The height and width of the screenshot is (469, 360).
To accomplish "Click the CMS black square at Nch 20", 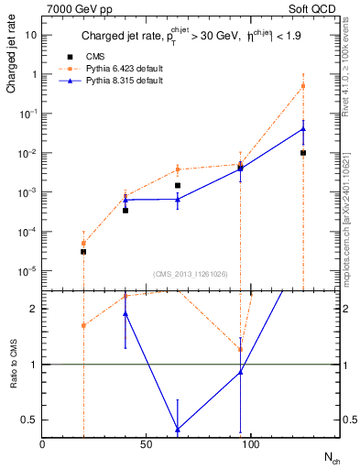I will pos(83,251).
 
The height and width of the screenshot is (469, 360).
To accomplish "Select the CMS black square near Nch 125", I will pos(303,153).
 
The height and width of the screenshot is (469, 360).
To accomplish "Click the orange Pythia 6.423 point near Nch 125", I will pos(303,86).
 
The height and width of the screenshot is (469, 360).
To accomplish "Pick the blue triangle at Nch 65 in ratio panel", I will pos(178,429).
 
